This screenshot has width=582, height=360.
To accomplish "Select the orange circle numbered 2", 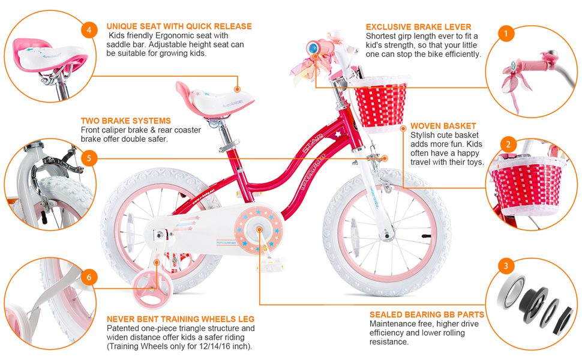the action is [x=508, y=145].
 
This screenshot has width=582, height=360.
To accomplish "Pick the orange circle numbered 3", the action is [x=506, y=266].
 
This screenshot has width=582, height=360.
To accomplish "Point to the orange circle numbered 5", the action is [x=89, y=158].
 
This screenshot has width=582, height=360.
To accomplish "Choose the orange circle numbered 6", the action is [x=89, y=277].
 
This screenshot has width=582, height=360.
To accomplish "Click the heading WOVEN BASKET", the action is [x=443, y=127].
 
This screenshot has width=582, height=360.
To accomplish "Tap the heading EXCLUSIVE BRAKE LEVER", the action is [x=418, y=27].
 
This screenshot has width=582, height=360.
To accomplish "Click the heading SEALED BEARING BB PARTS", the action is [x=427, y=314].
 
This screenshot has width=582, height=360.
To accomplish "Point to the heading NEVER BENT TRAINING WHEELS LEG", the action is [x=180, y=319].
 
